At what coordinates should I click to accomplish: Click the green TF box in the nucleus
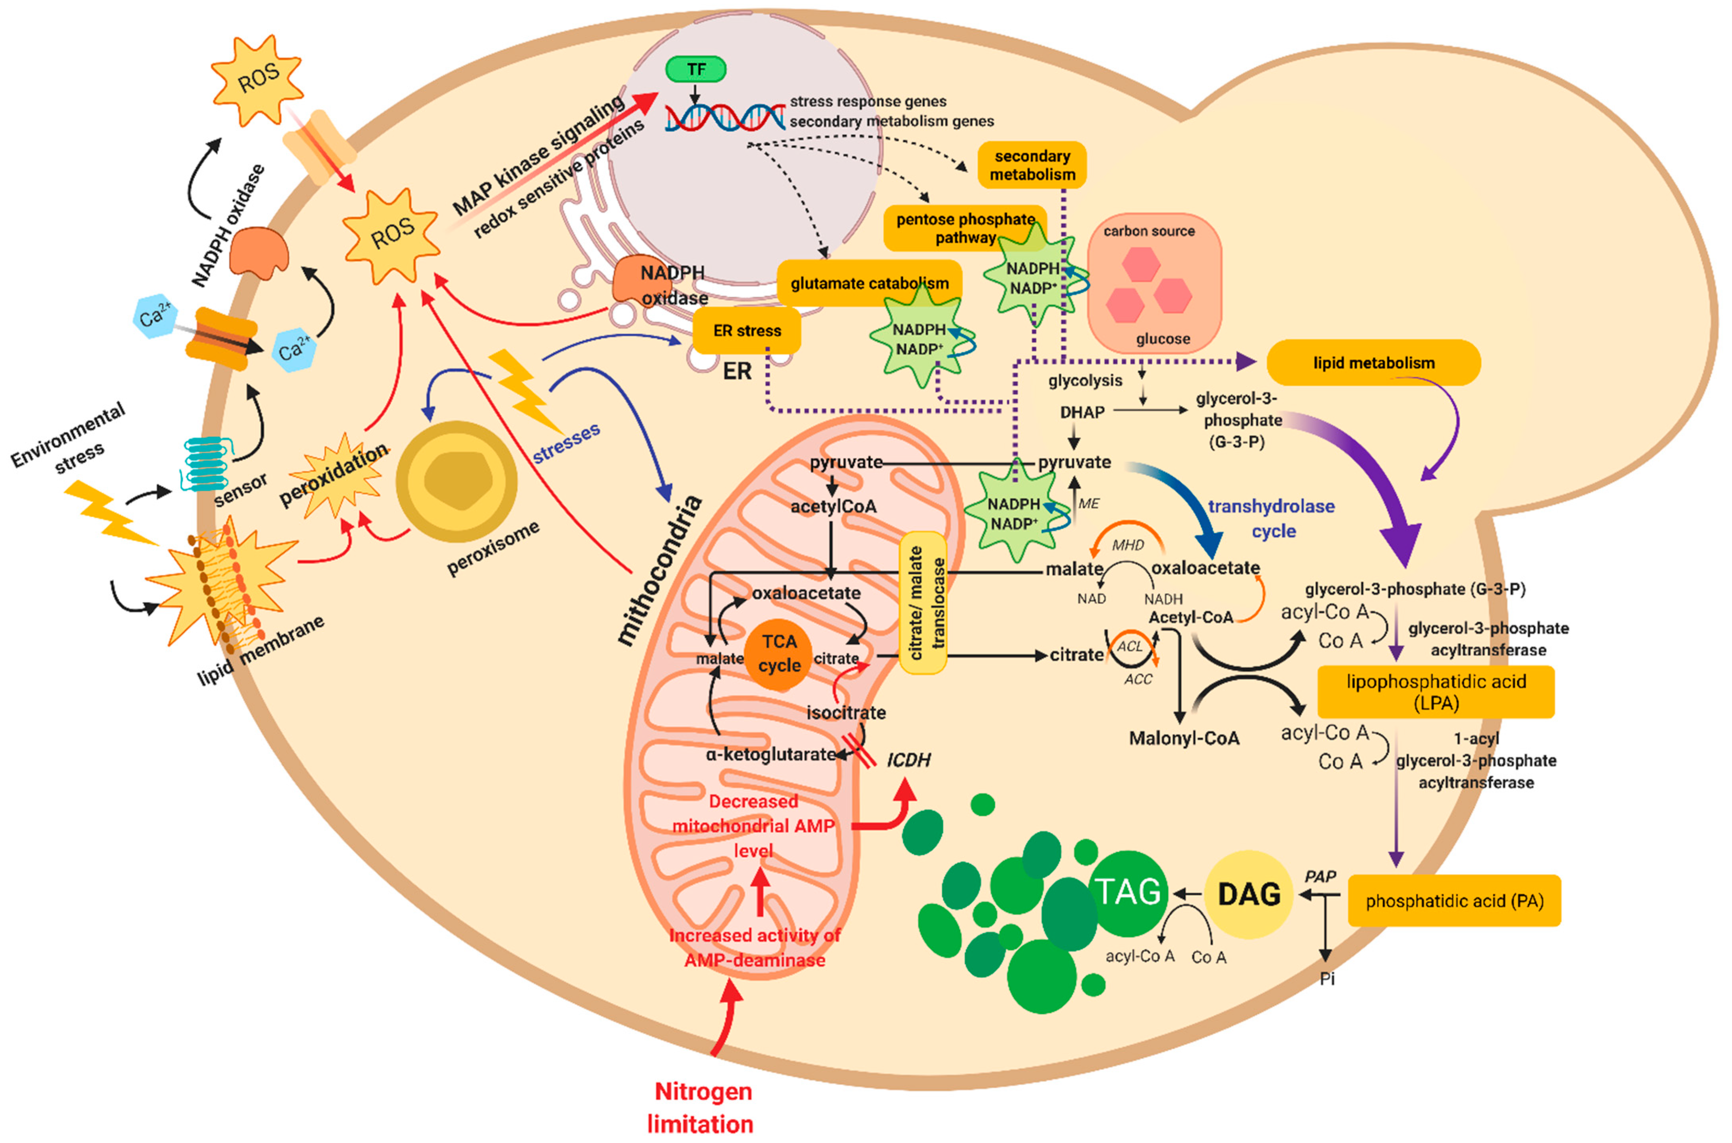tap(695, 69)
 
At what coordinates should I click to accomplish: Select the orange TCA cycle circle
tap(778, 654)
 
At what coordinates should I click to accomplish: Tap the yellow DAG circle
tap(1248, 894)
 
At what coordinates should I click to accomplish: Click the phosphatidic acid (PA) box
tap(1453, 901)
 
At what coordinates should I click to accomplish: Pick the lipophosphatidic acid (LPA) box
tap(1435, 692)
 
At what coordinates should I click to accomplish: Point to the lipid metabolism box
tap(1373, 362)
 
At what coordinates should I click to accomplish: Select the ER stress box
tap(747, 330)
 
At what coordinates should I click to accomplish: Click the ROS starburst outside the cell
tap(257, 79)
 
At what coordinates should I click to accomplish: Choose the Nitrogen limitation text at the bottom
tap(701, 1106)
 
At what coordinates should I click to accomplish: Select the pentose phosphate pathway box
tap(964, 227)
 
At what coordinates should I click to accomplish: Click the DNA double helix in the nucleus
tap(725, 117)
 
